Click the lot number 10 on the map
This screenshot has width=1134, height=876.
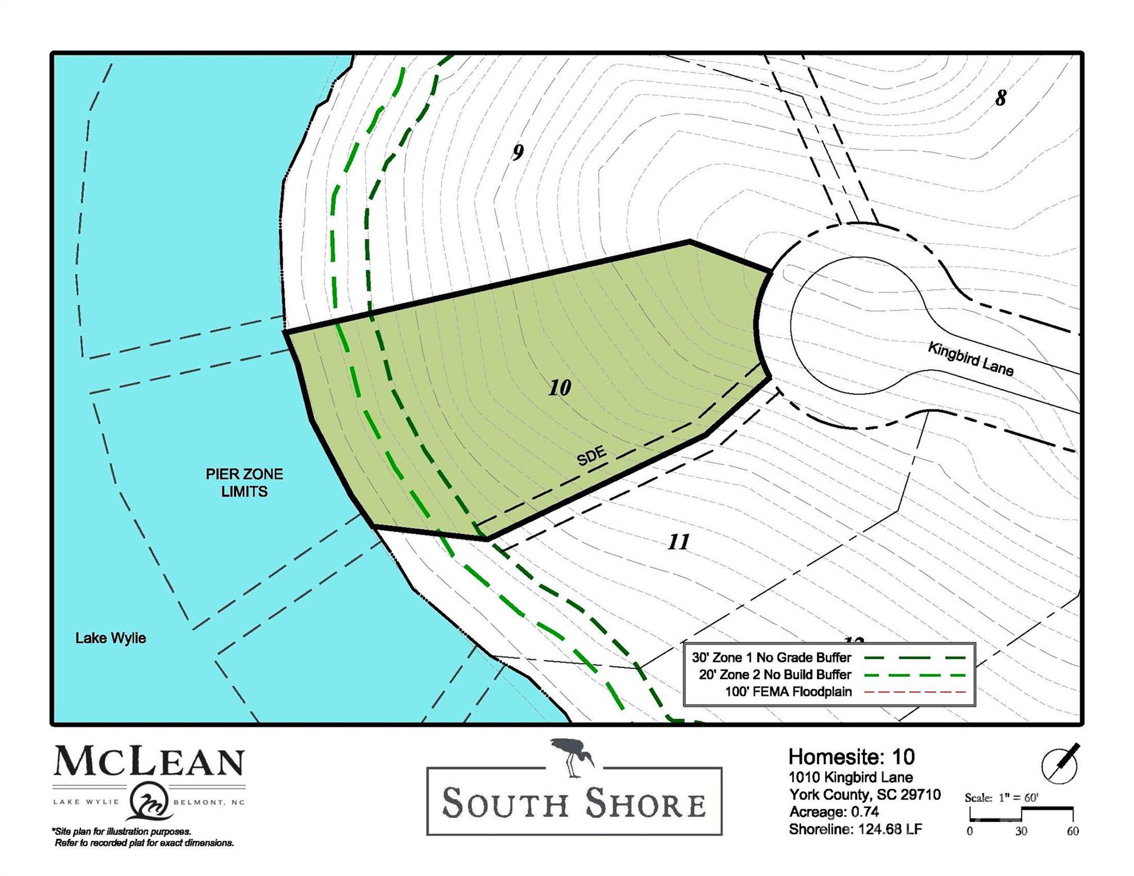560,388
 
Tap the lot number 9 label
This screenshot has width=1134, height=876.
517,152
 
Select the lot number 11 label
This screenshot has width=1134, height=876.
678,542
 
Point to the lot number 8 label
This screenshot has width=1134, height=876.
1001,98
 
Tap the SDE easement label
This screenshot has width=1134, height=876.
592,456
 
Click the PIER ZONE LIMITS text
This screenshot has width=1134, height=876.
244,482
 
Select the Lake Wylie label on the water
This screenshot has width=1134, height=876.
111,638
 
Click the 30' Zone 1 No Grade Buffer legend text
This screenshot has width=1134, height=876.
771,658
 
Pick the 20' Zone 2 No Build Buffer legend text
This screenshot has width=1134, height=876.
775,675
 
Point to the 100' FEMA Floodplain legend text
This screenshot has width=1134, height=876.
788,692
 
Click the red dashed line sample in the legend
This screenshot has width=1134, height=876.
915,692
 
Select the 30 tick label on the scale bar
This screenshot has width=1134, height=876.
1021,832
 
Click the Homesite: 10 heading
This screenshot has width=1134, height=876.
851,757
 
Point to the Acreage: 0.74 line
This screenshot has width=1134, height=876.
834,812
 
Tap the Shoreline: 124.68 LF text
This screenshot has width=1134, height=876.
855,829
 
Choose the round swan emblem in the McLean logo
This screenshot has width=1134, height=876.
149,801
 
